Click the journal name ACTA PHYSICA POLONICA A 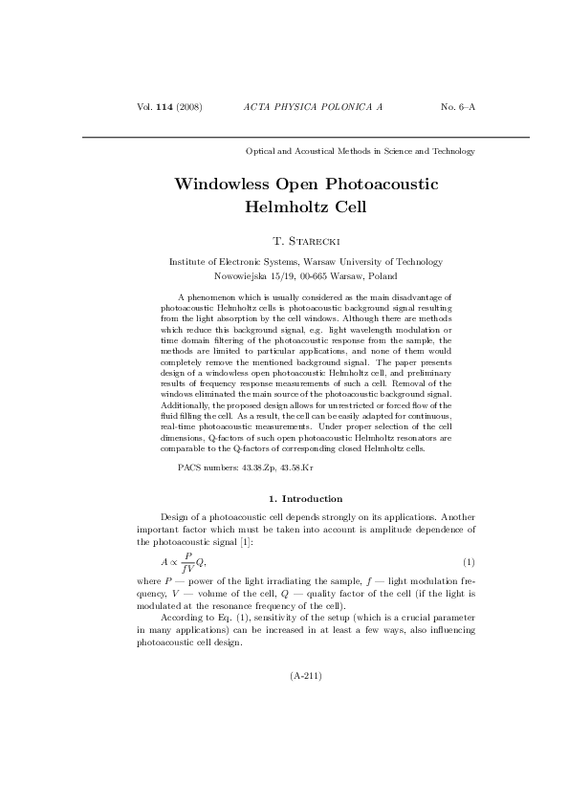(x=313, y=106)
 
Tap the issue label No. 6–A (x=457, y=106)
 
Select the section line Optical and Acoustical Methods (x=361, y=151)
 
